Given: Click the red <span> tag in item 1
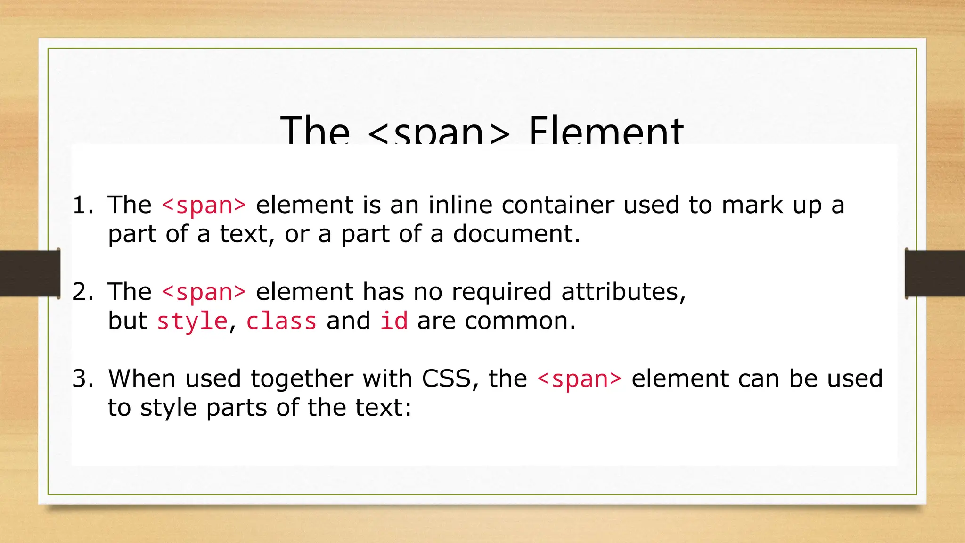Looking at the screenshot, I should [x=204, y=206].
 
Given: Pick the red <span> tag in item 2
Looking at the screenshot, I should [x=204, y=292].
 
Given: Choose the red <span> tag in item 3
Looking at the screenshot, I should [x=579, y=379].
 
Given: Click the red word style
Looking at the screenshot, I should [x=192, y=321].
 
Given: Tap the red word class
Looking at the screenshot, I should [x=281, y=321].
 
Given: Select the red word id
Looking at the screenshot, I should [x=394, y=321].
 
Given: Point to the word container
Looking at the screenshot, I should [x=557, y=206].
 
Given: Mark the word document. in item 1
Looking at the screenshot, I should [x=516, y=234].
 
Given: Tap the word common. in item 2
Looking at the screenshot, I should [x=520, y=321].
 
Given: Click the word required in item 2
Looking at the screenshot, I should [x=501, y=292].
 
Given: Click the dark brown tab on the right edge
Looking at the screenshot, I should [x=935, y=273].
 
